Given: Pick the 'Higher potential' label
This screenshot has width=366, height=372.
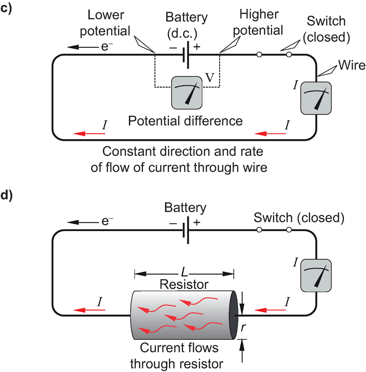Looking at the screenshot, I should click(x=261, y=23).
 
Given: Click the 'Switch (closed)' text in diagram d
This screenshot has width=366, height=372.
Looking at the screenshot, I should click(x=299, y=217).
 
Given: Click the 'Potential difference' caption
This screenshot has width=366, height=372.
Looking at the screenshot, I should click(x=185, y=121).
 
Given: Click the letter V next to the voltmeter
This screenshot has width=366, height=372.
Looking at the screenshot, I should click(x=210, y=78).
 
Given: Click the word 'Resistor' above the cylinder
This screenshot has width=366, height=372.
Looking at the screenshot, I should click(x=184, y=284).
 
